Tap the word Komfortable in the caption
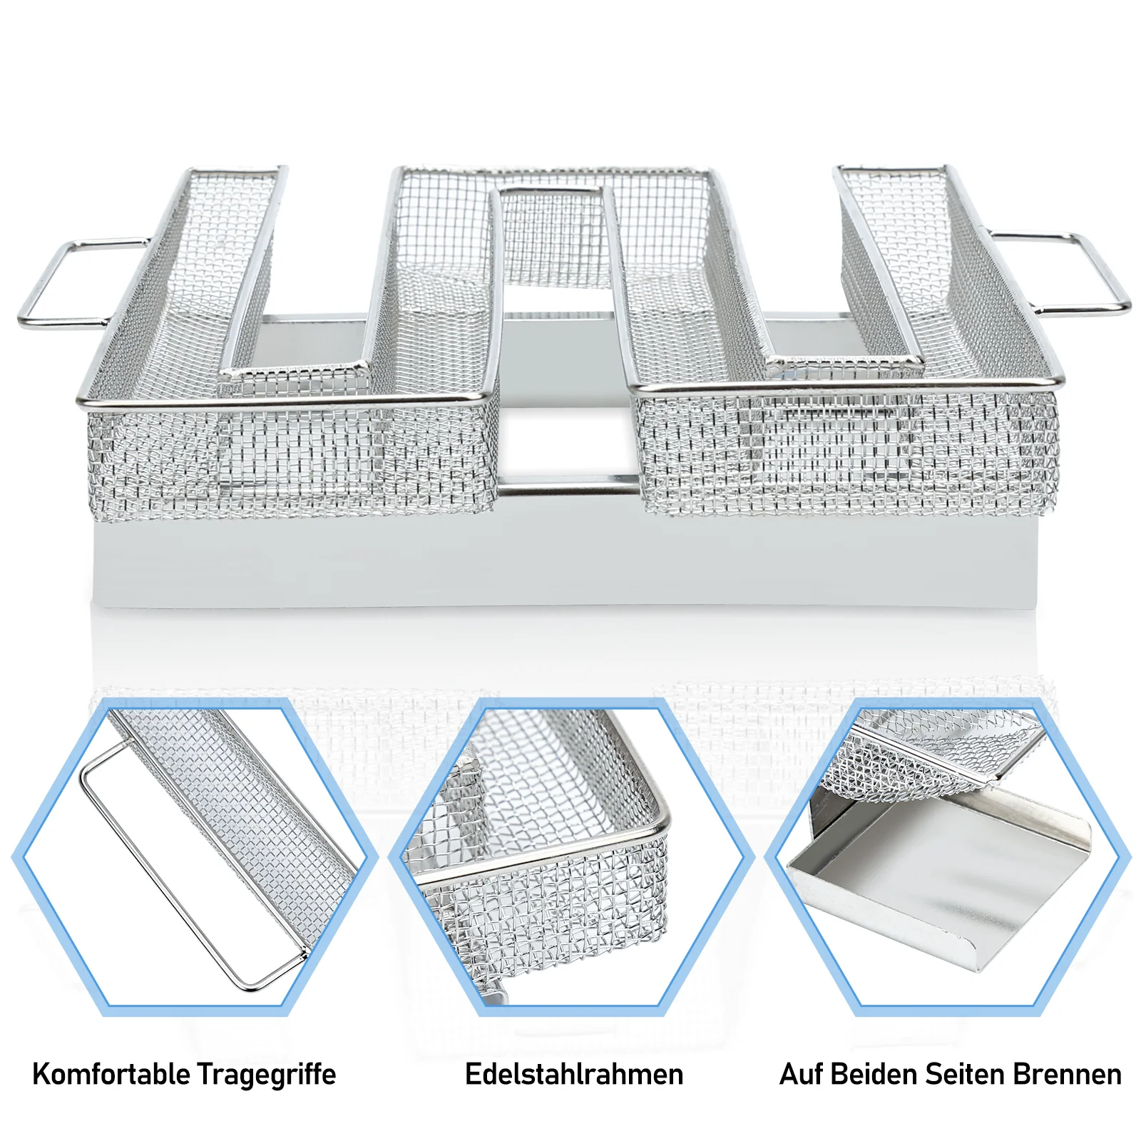pos(111,1074)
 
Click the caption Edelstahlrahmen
pos(574,1074)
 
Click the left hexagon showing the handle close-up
pos(195,856)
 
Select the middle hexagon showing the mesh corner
pos(571,856)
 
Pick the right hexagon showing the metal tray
pos(948,856)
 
